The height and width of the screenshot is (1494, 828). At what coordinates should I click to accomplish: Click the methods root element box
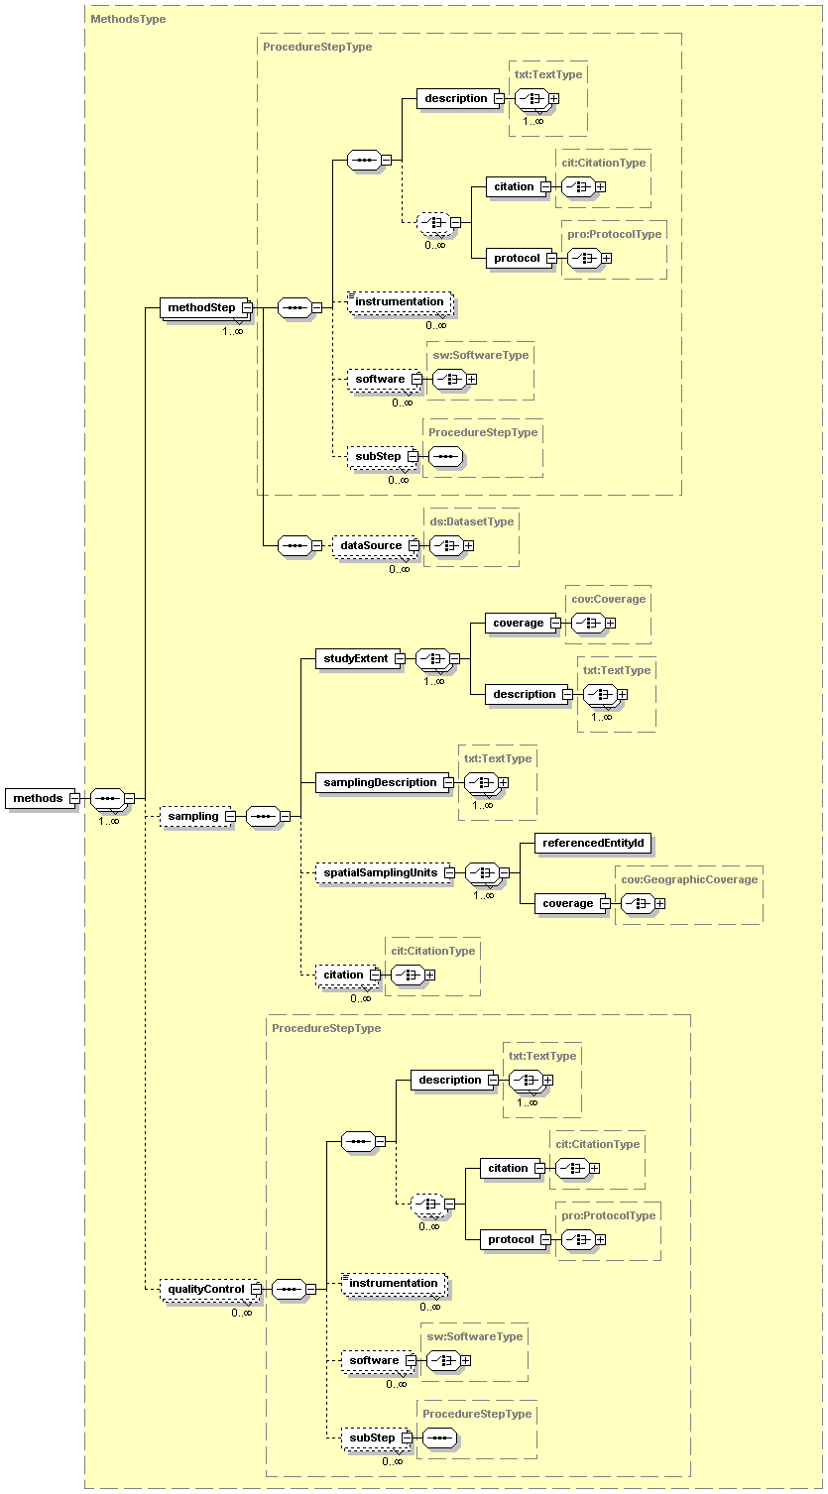pos(38,798)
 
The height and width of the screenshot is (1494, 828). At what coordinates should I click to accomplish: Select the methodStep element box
pos(201,308)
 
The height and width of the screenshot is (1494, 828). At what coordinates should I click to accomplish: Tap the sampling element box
pos(192,816)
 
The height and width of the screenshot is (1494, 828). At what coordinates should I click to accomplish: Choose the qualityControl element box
pos(205,1289)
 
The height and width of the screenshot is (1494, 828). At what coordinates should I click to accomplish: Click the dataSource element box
pos(371,545)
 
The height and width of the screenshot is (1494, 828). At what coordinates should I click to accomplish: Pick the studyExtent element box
pos(356,658)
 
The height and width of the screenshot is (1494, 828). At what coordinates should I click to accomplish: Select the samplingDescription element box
pos(380,782)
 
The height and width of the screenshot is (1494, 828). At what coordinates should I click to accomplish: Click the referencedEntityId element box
pos(593,843)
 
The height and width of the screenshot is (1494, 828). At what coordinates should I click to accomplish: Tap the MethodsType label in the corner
pos(128,19)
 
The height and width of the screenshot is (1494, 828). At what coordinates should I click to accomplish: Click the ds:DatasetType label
pos(471,521)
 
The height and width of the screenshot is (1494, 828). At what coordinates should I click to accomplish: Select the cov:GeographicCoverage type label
pos(688,879)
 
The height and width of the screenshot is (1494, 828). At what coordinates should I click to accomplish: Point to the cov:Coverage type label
pos(608,599)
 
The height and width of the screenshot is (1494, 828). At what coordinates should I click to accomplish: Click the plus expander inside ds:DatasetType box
pos(469,545)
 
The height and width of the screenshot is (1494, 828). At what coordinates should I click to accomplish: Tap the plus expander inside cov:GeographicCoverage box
pos(660,903)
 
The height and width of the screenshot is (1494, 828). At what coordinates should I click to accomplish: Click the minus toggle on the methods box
pos(74,798)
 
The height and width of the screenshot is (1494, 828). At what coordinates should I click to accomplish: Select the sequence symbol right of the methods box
pos(106,798)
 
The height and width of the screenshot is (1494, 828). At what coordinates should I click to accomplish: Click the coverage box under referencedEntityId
pos(568,903)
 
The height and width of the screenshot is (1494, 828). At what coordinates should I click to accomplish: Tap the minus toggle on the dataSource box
pos(414,545)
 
